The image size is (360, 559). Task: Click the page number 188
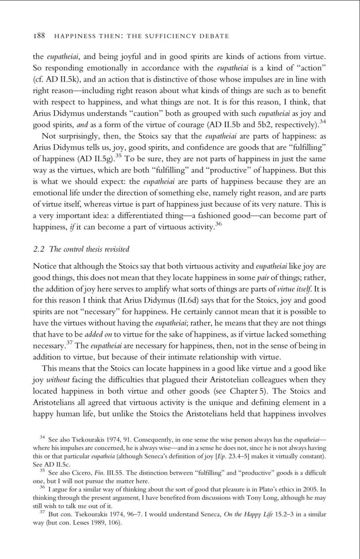tap(40, 36)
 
